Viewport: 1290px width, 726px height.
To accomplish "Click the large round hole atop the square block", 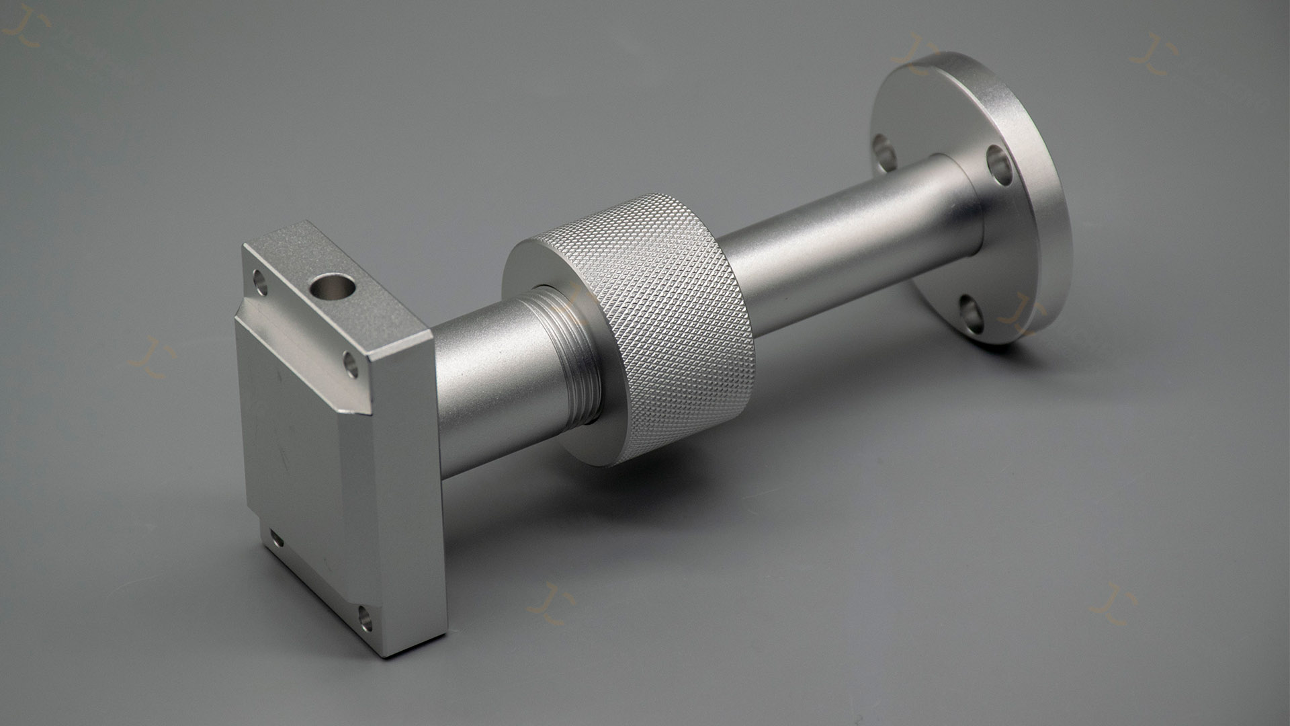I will [332, 288].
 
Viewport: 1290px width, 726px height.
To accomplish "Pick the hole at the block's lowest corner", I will [365, 618].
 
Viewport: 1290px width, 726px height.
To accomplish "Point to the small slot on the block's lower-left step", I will [276, 538].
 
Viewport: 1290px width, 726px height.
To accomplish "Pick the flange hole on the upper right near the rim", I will [999, 165].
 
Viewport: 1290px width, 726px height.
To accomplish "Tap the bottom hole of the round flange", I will [971, 313].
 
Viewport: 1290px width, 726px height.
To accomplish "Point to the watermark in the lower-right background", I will [1112, 603].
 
